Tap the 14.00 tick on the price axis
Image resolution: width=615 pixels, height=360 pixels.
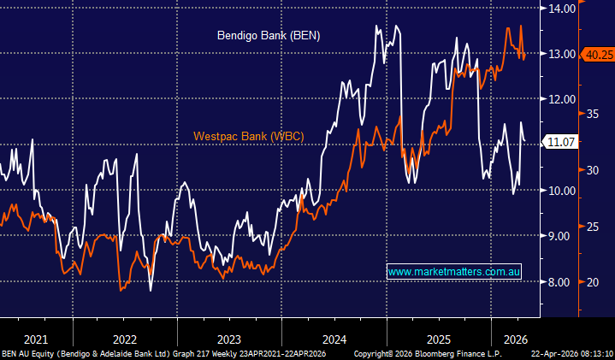[x=563, y=9]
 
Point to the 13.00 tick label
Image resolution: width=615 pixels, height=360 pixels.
[x=563, y=54]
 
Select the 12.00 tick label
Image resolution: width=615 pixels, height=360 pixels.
[x=563, y=99]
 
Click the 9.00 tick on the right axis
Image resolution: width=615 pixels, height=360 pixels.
[x=561, y=236]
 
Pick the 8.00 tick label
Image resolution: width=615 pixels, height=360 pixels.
[x=561, y=281]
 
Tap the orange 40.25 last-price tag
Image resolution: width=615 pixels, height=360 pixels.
[x=597, y=54]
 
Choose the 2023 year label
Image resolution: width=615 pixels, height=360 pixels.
[x=229, y=337]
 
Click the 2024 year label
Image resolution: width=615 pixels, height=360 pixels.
[x=334, y=337]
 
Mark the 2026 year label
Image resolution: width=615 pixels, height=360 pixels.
[x=516, y=337]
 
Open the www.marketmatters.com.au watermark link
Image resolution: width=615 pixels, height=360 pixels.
[x=453, y=272]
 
